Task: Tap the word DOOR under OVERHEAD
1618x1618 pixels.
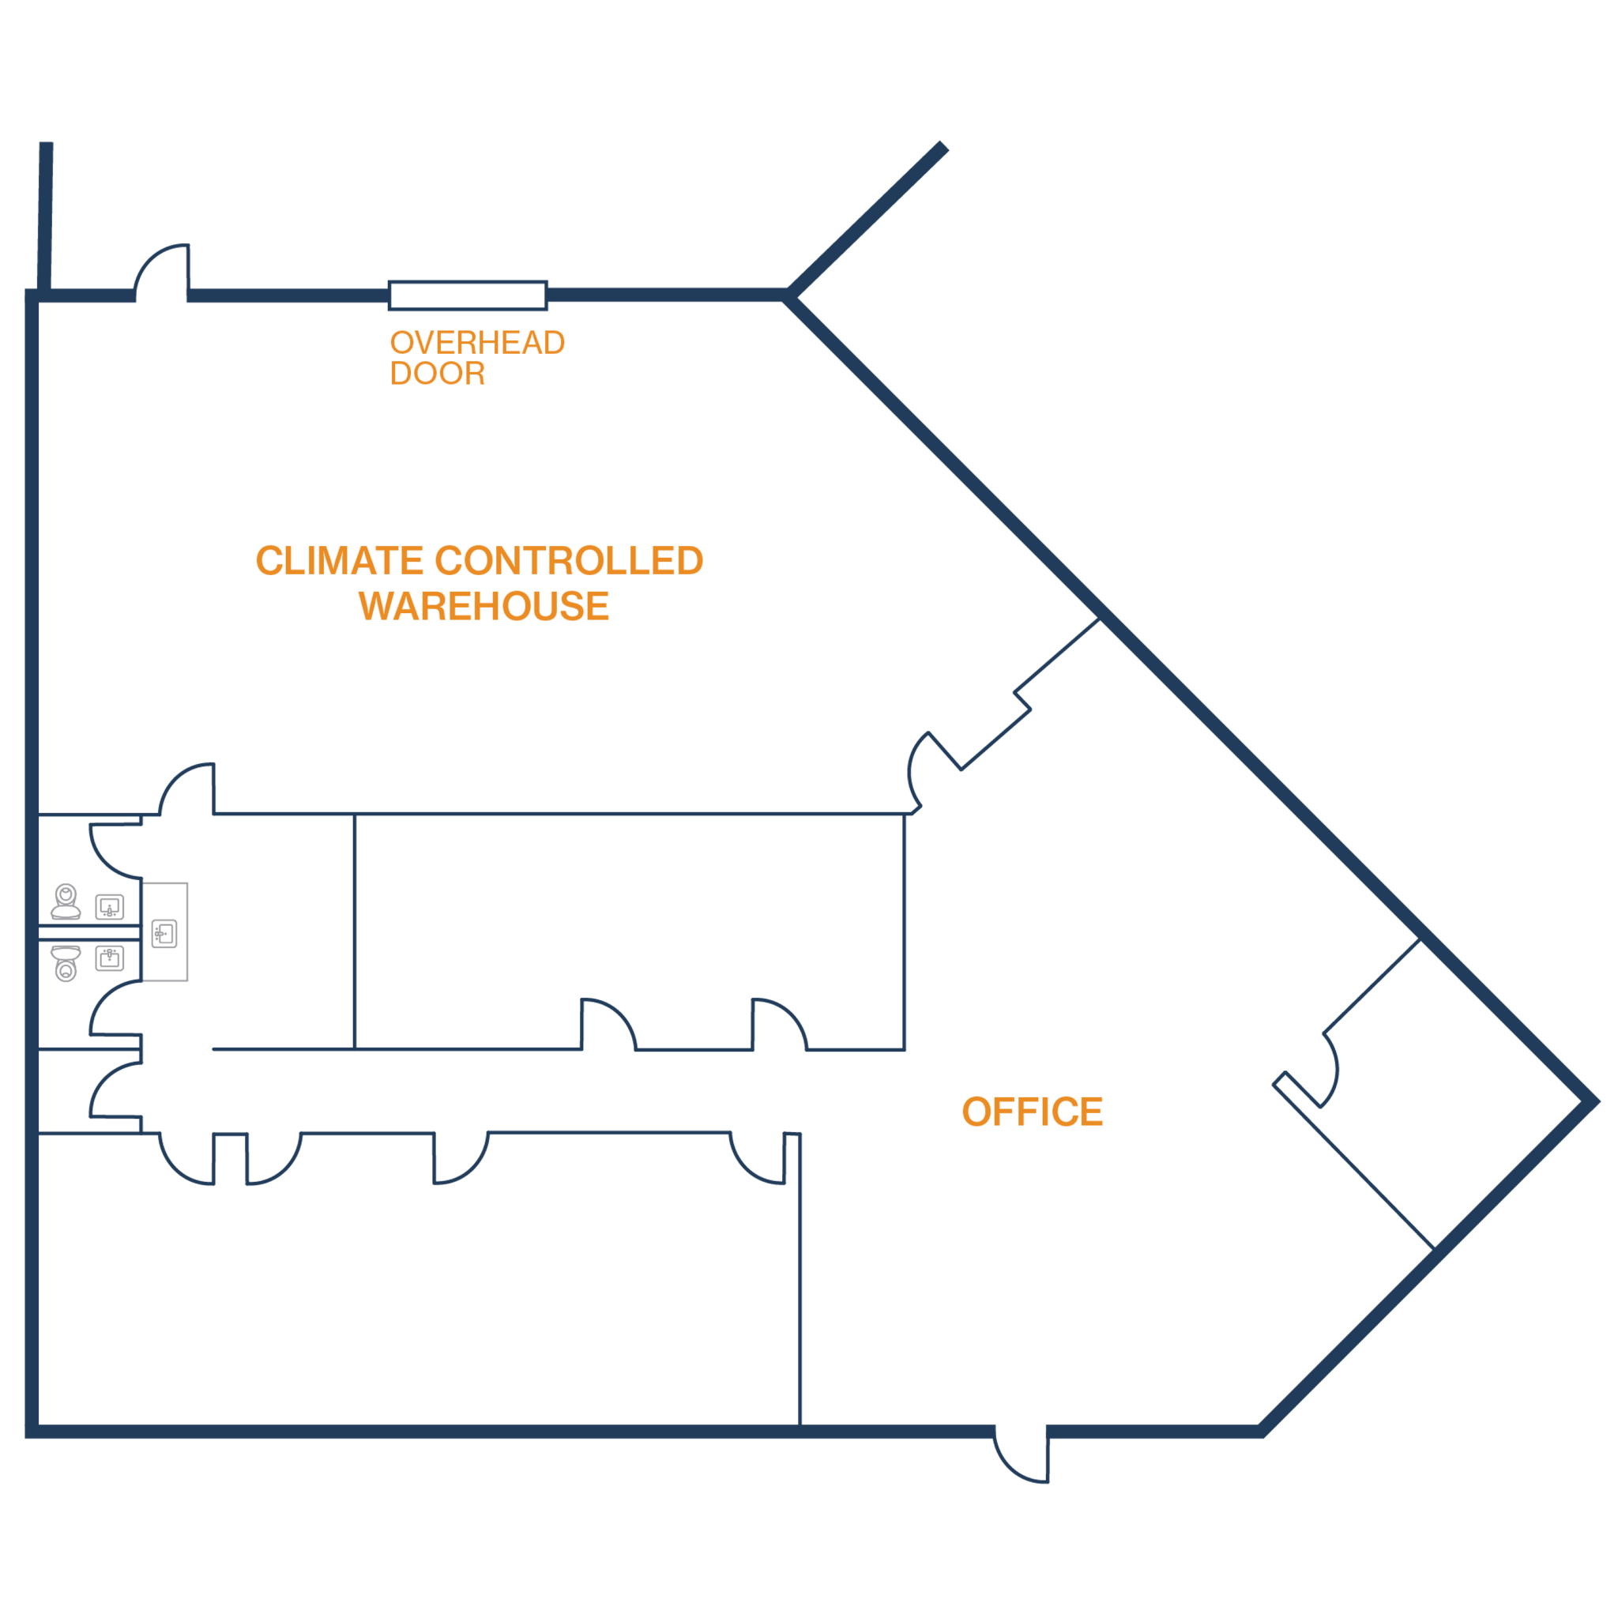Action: (x=437, y=373)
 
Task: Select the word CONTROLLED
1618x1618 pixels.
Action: (x=569, y=560)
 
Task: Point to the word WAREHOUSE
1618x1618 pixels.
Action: (x=484, y=604)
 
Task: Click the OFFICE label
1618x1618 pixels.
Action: (x=1032, y=1112)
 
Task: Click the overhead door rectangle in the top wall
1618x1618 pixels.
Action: (x=468, y=295)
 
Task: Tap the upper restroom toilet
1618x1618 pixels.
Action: (x=66, y=901)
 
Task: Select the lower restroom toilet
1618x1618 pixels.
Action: (x=66, y=963)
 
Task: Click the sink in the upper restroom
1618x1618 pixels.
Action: (x=109, y=906)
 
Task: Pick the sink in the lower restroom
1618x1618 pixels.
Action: (x=109, y=958)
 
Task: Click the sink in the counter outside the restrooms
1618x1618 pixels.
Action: (x=165, y=933)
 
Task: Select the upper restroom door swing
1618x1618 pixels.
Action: (x=113, y=848)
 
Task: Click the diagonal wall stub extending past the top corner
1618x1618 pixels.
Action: (x=871, y=218)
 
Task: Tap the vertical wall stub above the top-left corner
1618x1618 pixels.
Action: (x=45, y=213)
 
